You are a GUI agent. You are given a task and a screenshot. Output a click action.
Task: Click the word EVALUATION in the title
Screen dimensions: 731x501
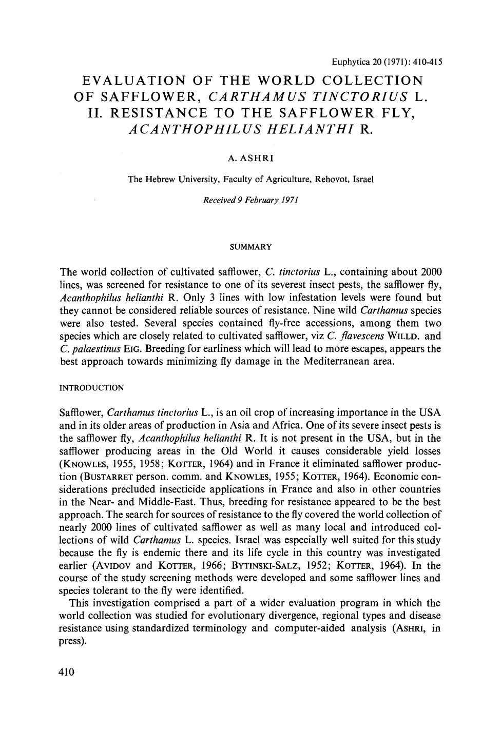point(134,81)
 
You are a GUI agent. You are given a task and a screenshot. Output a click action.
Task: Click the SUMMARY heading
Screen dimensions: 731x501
point(250,247)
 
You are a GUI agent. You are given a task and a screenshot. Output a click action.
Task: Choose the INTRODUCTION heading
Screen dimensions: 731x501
point(92,388)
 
